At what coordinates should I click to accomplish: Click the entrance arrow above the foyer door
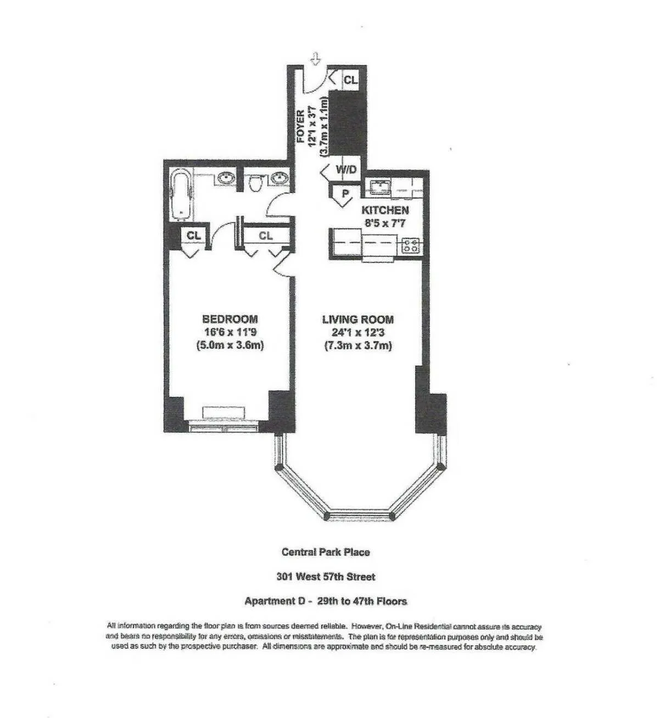point(316,58)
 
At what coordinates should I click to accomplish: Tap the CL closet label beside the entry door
point(350,80)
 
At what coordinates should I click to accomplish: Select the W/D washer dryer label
point(346,170)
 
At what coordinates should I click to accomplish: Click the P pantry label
point(345,194)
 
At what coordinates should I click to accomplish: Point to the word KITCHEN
point(384,210)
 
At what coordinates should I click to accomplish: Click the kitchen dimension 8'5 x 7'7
point(384,223)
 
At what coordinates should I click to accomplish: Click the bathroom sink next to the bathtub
point(225,179)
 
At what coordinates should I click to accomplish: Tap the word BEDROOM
point(230,319)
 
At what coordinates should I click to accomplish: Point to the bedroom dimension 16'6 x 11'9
point(230,332)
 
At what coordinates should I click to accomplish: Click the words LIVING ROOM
point(358,319)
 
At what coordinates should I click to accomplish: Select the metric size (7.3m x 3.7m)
point(358,346)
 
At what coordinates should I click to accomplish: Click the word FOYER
point(301,127)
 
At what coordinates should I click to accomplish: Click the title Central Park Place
point(326,552)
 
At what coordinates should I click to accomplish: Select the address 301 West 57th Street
point(326,577)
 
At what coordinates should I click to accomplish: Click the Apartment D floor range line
point(326,602)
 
